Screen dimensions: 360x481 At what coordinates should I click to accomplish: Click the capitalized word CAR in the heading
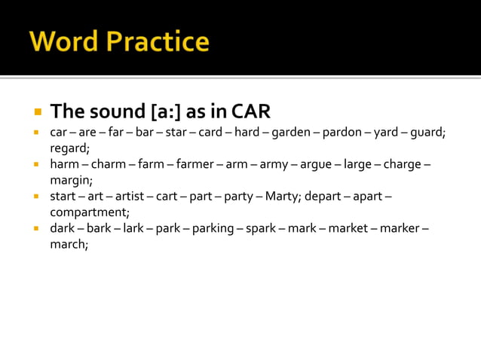click(x=250, y=111)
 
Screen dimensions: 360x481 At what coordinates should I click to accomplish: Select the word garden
click(x=290, y=133)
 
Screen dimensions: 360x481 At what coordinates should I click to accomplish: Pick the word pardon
click(x=342, y=133)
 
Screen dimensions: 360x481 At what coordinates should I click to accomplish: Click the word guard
click(x=427, y=133)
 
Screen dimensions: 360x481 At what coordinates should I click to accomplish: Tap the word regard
click(x=69, y=148)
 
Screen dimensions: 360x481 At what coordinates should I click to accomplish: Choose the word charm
click(x=109, y=164)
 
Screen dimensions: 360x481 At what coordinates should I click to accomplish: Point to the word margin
click(x=71, y=180)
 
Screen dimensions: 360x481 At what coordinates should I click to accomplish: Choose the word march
click(x=69, y=244)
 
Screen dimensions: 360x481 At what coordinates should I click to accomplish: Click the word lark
click(x=133, y=228)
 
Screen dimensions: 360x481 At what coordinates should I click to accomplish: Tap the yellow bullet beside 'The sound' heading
click(x=36, y=112)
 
